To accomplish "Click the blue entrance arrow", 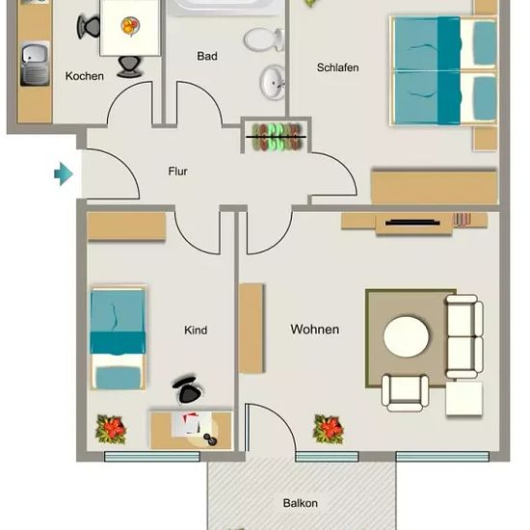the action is click(64, 174).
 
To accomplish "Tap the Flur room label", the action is click(178, 172).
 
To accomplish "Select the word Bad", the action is click(207, 56).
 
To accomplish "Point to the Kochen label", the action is click(85, 76).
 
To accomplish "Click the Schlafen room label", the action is click(337, 67).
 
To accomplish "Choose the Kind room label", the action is click(196, 330).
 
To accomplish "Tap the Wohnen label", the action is click(315, 330).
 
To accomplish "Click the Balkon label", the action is click(300, 503).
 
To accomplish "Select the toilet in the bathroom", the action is click(264, 40).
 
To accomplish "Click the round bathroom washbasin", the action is click(273, 82).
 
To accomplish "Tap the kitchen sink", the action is click(35, 64).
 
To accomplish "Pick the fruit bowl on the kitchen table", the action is click(130, 26).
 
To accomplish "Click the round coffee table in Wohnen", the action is click(407, 336).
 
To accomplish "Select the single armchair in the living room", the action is click(406, 392).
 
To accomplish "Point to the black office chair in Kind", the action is click(187, 390).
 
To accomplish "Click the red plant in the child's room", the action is click(111, 429).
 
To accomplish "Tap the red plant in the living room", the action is click(329, 429).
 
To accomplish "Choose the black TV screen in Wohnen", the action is click(412, 222).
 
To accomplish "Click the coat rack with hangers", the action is click(277, 137).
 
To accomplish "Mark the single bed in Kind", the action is click(118, 337).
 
